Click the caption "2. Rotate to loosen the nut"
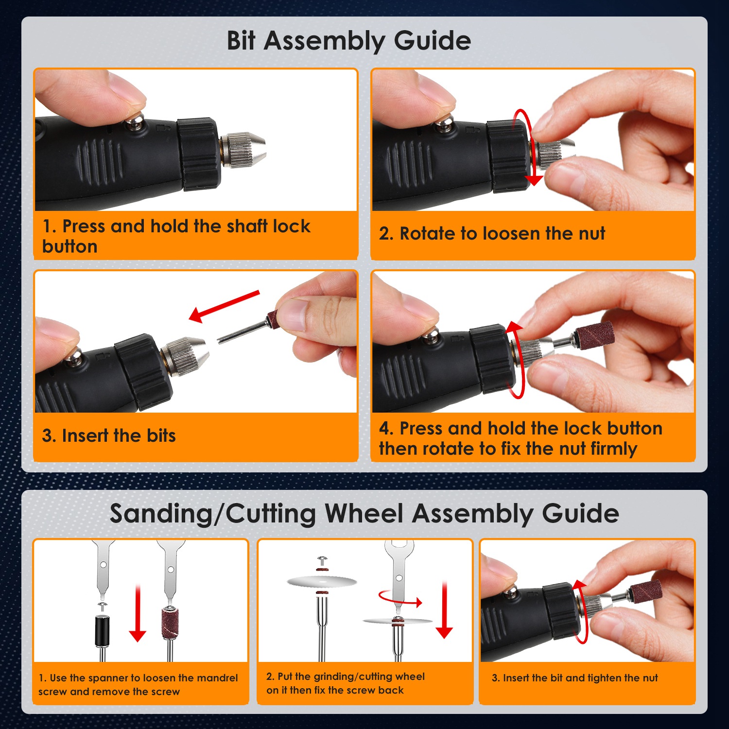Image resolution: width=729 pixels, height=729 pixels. pyautogui.click(x=492, y=234)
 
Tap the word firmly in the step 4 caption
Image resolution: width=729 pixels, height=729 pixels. pyautogui.click(x=613, y=449)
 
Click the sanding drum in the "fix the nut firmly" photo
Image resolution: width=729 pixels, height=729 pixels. pyautogui.click(x=594, y=335)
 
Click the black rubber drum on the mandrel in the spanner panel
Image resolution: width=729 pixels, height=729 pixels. pyautogui.click(x=102, y=631)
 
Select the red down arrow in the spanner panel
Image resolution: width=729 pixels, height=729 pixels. pyautogui.click(x=138, y=613)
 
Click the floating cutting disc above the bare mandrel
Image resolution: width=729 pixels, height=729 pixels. pyautogui.click(x=322, y=581)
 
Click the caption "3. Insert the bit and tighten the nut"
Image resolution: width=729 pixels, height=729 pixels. pyautogui.click(x=574, y=678)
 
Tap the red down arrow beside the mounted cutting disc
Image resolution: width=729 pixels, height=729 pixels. pyautogui.click(x=444, y=610)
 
